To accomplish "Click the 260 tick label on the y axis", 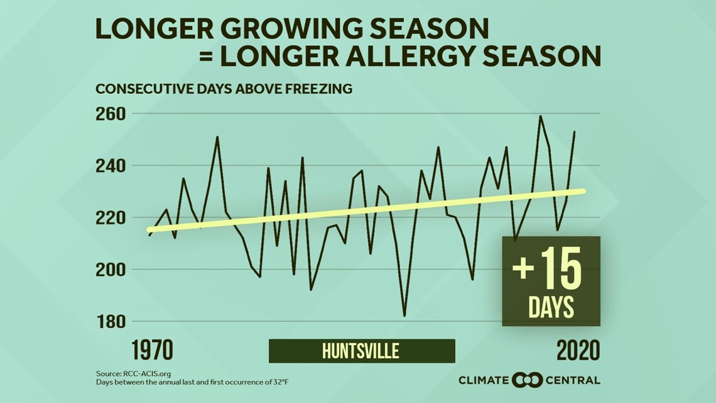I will (x=111, y=114).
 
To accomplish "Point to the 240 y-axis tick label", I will (x=111, y=166).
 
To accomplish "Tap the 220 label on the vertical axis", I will (x=111, y=218).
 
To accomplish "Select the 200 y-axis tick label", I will (x=111, y=270).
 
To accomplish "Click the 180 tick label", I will (x=111, y=321).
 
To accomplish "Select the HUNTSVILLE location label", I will (x=361, y=351).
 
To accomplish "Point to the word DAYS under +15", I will (x=551, y=308).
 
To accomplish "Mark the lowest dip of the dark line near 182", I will (x=404, y=316).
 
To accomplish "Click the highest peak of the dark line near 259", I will (x=540, y=116).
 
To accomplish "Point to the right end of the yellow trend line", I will (x=583, y=191).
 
